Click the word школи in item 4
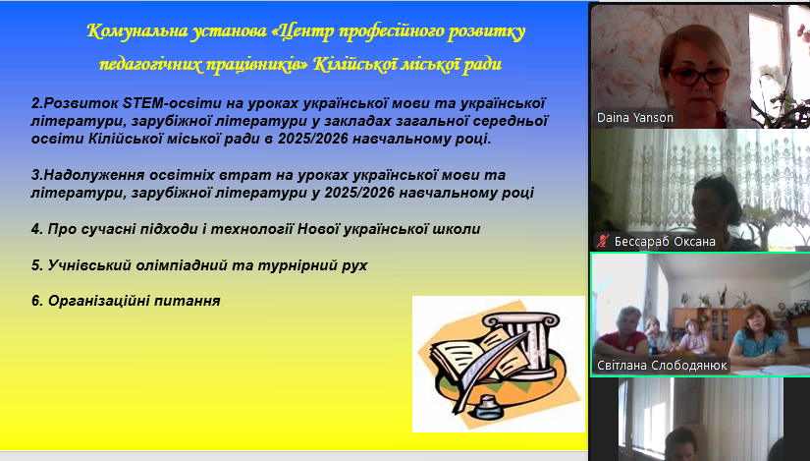(457, 229)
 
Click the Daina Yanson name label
(635, 118)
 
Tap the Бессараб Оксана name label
(665, 242)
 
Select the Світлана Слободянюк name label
(662, 366)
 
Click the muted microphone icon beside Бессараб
(603, 241)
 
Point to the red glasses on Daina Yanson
(699, 76)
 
